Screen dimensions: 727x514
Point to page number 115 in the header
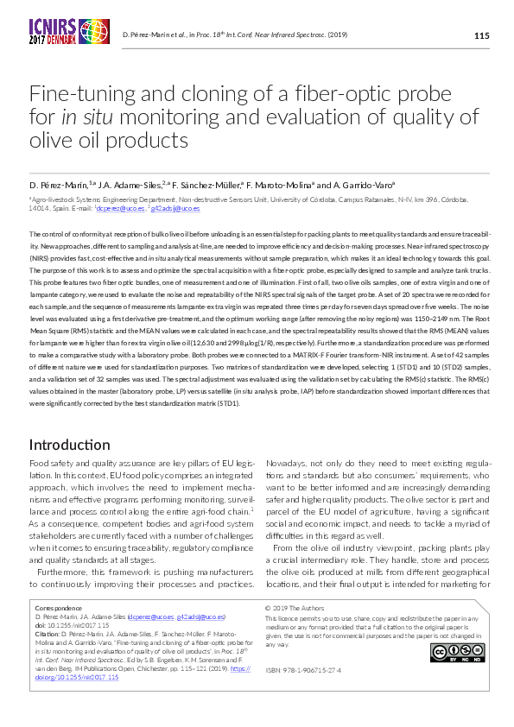(x=481, y=35)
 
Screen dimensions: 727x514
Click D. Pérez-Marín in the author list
(x=55, y=185)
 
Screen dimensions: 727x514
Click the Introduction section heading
(x=69, y=445)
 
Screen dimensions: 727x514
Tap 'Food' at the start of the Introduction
(x=40, y=465)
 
